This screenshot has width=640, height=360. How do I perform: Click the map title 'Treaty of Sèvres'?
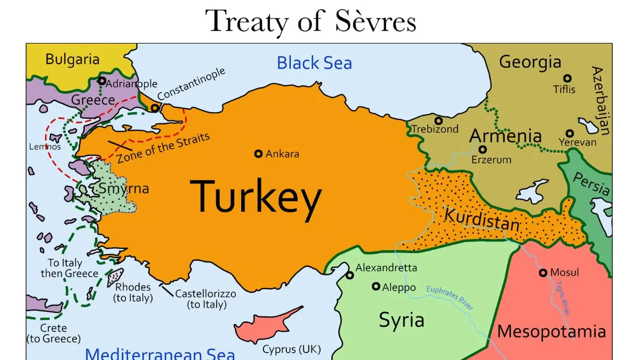pos(311,21)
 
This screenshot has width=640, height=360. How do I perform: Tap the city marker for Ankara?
pos(259,154)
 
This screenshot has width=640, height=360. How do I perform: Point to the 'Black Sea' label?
pos(314,63)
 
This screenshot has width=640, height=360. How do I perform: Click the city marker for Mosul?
pos(543,273)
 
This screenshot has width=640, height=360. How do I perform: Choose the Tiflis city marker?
pos(567,78)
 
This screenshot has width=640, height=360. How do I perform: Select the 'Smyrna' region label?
pos(124,189)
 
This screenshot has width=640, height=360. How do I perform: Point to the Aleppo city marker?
pos(376,286)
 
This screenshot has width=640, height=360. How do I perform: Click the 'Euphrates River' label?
pos(450,298)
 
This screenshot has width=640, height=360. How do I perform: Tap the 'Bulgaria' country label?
pos(73,59)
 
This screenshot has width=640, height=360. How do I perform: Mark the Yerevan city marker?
pos(570,133)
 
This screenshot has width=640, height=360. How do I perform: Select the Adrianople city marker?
pos(102,81)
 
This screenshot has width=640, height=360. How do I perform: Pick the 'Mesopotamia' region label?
pos(551,331)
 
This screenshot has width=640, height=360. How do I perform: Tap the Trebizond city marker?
pos(438,121)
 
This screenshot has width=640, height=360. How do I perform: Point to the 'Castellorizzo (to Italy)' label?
pos(206,299)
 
